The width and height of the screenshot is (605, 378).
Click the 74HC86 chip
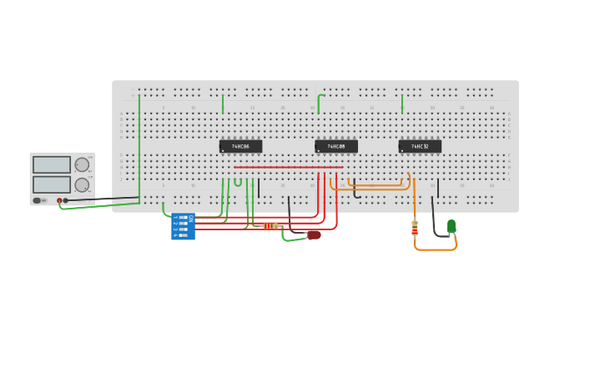click(240, 147)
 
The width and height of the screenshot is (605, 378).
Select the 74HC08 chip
click(335, 147)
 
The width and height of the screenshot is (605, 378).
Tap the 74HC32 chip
click(419, 147)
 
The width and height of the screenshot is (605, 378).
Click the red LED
click(314, 234)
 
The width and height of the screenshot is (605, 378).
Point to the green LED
click(451, 225)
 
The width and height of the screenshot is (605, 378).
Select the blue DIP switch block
click(184, 227)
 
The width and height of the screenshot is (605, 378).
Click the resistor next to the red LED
click(270, 226)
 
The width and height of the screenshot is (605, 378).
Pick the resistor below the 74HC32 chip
click(415, 227)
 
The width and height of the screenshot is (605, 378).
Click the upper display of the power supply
click(52, 164)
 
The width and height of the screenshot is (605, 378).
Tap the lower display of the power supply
click(52, 184)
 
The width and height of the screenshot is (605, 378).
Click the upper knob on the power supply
click(82, 165)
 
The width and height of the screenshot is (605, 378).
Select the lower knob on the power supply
click(82, 185)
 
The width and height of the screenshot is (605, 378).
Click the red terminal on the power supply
click(59, 200)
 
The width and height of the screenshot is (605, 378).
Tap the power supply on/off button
click(38, 200)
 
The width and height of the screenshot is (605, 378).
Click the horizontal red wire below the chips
click(288, 167)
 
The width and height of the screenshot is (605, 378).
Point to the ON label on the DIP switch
click(191, 218)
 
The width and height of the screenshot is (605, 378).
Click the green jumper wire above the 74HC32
click(402, 103)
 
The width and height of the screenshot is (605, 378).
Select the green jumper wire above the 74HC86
click(223, 103)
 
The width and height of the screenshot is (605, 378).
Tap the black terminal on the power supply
click(66, 200)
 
